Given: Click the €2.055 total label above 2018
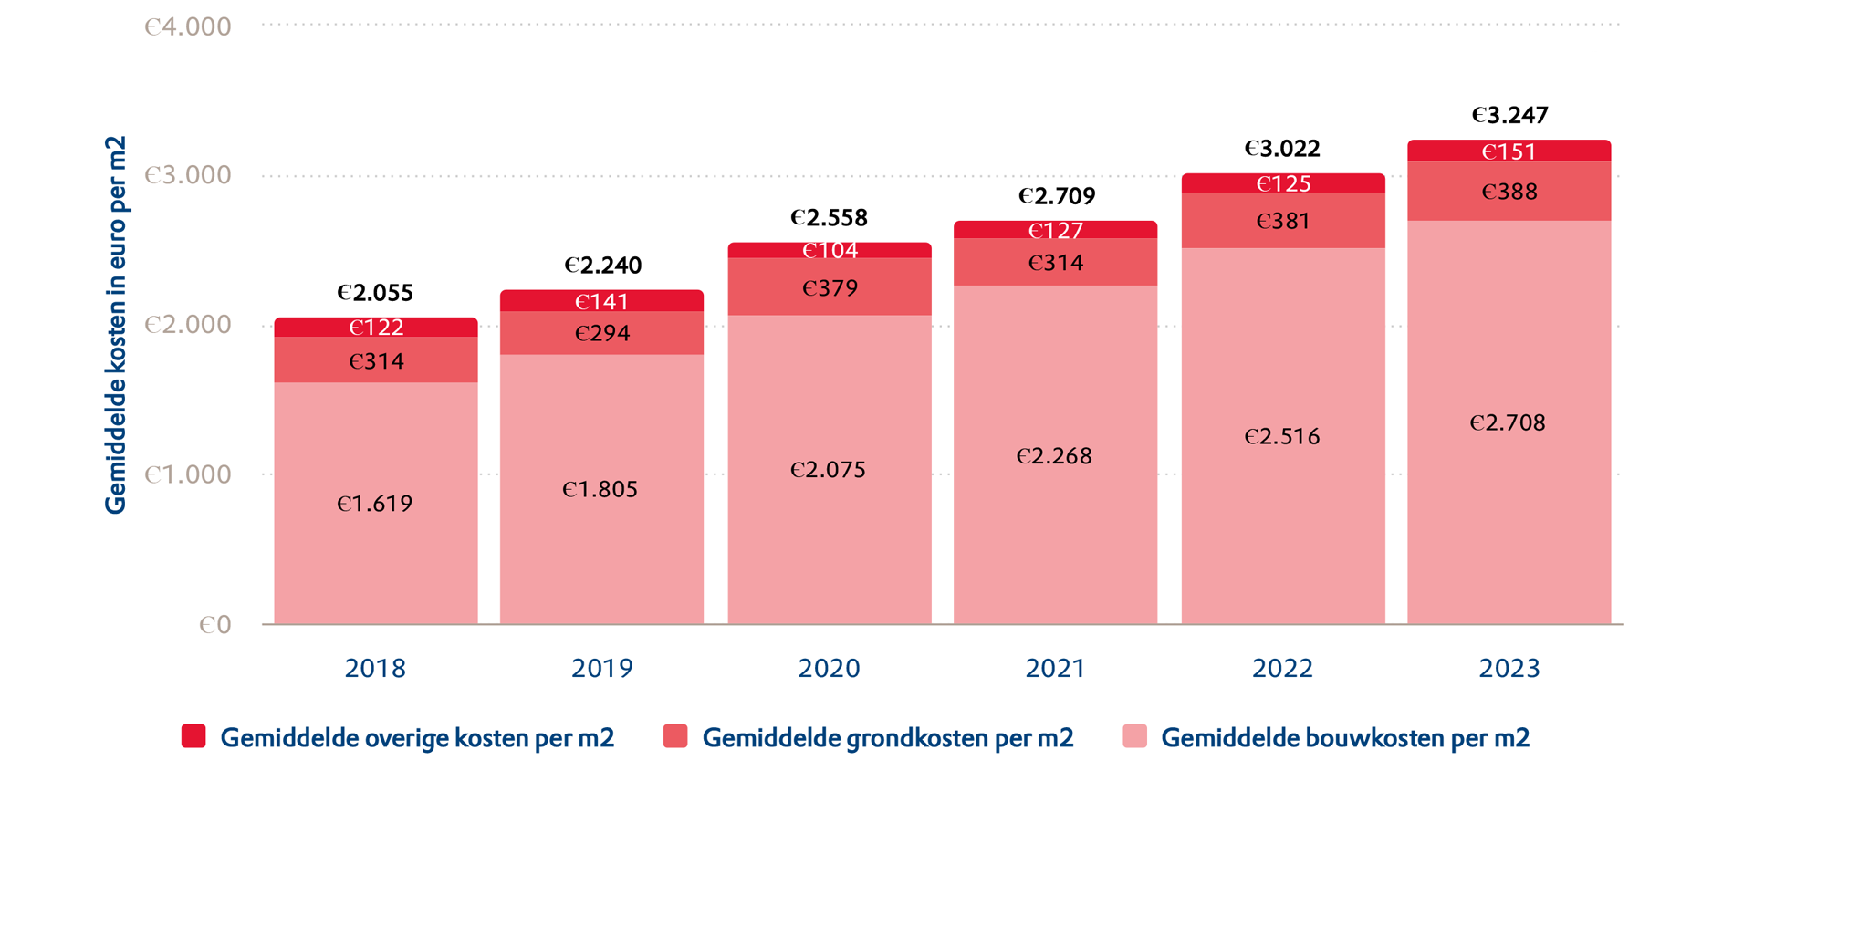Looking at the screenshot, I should pos(375,293).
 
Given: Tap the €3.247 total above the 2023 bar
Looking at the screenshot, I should pos(1509,116).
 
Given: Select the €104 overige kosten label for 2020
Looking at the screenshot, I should pos(830,251).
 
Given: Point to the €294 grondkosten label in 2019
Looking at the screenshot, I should pos(602,333).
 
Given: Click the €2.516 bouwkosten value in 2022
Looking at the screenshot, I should pos(1282,437).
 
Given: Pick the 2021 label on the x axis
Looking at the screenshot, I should pos(1055,669).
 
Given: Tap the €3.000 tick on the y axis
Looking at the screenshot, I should pos(188,175).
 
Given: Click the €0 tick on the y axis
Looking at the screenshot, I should pos(215,625).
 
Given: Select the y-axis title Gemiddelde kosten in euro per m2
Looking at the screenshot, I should pos(116,326).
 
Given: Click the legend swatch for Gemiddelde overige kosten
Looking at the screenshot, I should pos(193,736).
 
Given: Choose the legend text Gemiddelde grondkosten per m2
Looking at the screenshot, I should pos(887,738).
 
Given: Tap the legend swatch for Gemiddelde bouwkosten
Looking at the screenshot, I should pos(1134,736).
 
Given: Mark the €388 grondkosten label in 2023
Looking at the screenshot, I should pos(1509,193).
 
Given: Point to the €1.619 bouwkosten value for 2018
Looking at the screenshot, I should pos(375,505).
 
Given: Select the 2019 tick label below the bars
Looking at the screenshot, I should pos(602,669).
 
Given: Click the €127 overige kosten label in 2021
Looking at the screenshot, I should pos(1056,231).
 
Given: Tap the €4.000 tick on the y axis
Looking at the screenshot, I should pos(188,27).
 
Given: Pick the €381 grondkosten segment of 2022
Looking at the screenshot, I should pos(1283,222).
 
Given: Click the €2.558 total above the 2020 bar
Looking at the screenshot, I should pos(829,218).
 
